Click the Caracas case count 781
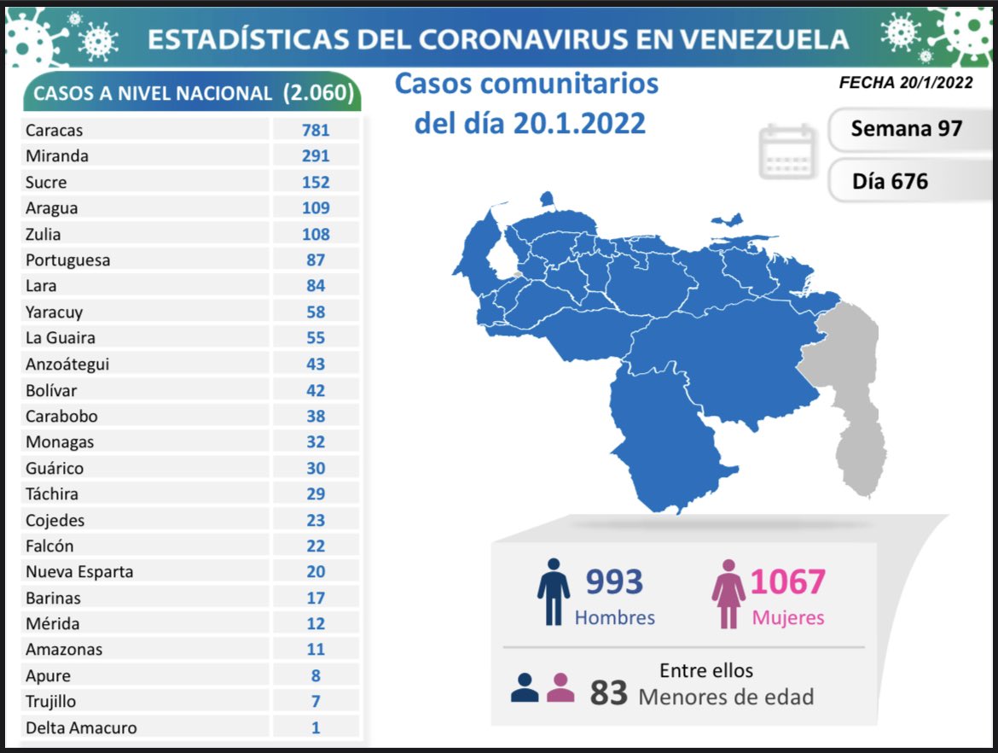(x=316, y=130)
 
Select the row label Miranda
(x=56, y=156)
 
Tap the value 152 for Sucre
(x=316, y=182)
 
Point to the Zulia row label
(x=43, y=234)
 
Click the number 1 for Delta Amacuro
(x=316, y=727)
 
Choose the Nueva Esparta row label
(x=79, y=571)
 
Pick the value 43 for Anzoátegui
(x=316, y=364)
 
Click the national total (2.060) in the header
(x=318, y=92)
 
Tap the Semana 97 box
(x=906, y=128)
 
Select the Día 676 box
(x=890, y=181)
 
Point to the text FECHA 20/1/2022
(x=906, y=83)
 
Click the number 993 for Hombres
(x=613, y=582)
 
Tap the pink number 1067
(x=787, y=582)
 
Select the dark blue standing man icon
(x=554, y=592)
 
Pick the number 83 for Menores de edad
(x=608, y=693)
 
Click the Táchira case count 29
(x=316, y=493)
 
